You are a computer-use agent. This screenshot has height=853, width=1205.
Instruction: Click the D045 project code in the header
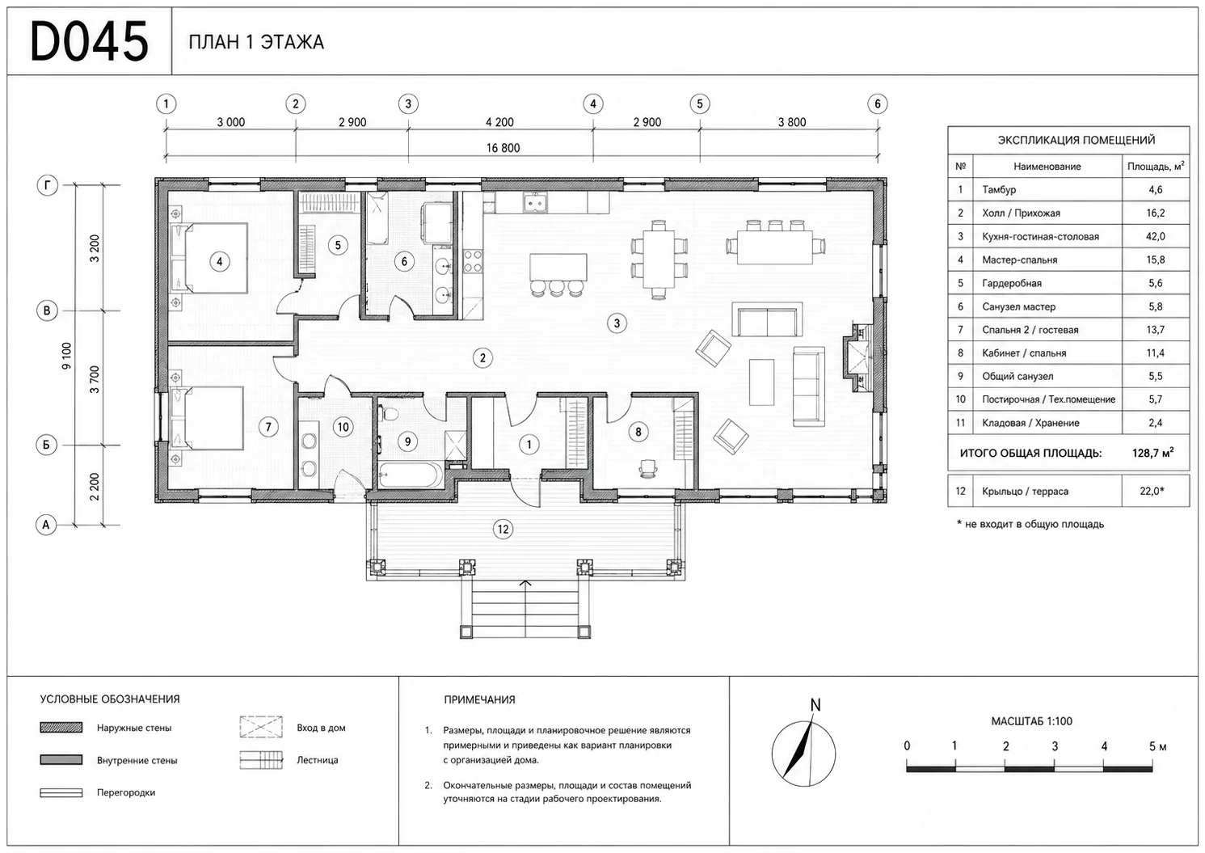coord(89,41)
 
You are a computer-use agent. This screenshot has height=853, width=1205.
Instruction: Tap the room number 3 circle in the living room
coord(617,323)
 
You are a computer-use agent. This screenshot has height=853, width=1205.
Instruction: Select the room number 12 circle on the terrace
coord(503,530)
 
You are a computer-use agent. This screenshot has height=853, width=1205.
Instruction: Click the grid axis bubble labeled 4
coord(593,103)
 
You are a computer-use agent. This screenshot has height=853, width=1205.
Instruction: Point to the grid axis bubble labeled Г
coord(48,186)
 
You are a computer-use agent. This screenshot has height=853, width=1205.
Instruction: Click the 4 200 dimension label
coord(499,123)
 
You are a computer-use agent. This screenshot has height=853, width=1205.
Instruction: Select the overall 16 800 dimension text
coord(503,148)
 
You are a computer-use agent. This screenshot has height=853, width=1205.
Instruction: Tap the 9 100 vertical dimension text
coord(66,356)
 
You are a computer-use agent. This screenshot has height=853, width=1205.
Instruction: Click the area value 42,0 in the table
coord(1156,237)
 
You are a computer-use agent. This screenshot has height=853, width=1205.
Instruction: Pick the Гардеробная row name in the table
coord(1012,284)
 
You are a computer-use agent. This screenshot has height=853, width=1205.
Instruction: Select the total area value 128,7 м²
coord(1152,453)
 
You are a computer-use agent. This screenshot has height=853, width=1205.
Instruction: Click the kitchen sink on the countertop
coord(536,203)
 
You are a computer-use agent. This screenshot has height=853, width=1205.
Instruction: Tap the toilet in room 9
coord(389,414)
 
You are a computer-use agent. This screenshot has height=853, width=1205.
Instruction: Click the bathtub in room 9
coord(411,475)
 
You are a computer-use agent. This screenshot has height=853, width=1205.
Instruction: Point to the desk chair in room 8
coord(648,468)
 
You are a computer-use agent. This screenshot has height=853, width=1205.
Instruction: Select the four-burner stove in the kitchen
coord(473,261)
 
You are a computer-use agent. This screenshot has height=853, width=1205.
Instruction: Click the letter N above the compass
coord(815,704)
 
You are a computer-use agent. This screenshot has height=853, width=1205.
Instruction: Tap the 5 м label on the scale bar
coord(1157,746)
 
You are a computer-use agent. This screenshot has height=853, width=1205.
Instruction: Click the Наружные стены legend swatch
coord(61,728)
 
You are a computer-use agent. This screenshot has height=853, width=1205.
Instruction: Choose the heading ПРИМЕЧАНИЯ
coord(479,699)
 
